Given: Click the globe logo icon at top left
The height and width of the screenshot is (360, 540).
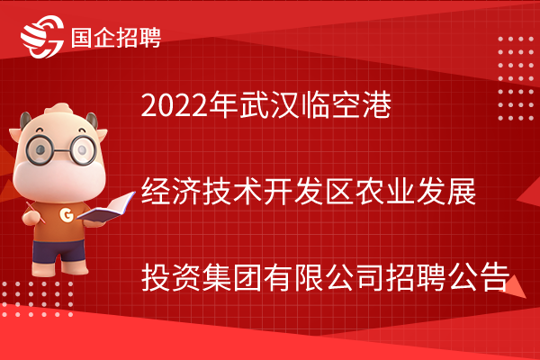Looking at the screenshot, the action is [x=42, y=37].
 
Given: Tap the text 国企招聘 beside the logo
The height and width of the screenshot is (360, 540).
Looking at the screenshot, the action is [x=116, y=38].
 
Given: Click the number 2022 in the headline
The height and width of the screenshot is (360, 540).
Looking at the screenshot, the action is [x=175, y=105].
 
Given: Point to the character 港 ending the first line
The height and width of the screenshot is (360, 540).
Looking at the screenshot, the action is [x=376, y=104].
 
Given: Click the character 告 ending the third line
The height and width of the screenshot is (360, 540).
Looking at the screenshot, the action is [x=495, y=277].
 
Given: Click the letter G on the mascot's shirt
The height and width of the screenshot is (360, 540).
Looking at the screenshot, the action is [x=66, y=215].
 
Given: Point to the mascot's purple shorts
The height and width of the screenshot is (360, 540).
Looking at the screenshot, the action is [x=58, y=251].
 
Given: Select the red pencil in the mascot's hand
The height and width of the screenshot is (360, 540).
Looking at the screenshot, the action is [x=35, y=212].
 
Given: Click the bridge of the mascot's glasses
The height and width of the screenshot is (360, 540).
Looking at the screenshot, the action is [x=62, y=150].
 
